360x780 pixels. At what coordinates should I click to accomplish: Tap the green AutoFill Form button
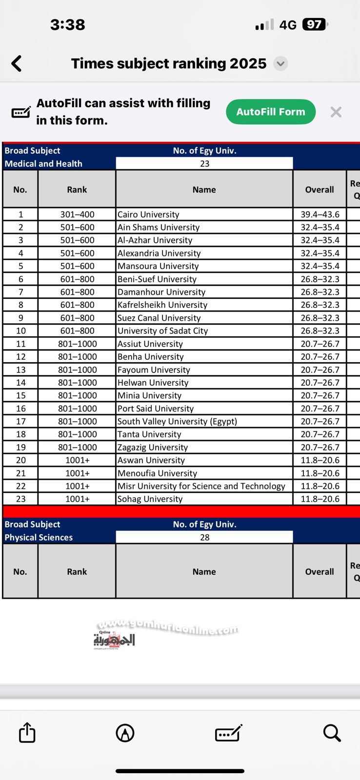click(271, 112)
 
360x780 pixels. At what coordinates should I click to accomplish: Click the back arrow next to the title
click(17, 63)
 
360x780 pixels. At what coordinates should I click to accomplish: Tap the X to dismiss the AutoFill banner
click(336, 112)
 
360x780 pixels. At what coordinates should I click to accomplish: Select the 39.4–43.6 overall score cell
click(320, 214)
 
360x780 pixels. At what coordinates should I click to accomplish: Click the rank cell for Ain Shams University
click(77, 227)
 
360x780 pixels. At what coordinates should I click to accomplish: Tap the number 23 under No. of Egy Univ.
click(204, 164)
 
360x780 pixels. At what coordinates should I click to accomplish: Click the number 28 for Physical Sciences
click(204, 537)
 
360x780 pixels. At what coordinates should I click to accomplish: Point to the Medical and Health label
click(43, 164)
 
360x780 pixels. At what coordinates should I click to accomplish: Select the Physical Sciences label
click(39, 537)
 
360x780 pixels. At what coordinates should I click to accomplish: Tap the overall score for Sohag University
click(320, 499)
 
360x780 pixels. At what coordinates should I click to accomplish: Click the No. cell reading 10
click(20, 331)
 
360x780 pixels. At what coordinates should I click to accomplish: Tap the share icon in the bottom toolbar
click(27, 732)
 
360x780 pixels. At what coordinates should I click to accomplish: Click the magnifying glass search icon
click(332, 732)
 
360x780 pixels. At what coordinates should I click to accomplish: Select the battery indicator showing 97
click(315, 24)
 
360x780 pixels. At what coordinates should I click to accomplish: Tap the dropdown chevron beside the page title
click(280, 63)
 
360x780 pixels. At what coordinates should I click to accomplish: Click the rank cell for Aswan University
click(77, 460)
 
